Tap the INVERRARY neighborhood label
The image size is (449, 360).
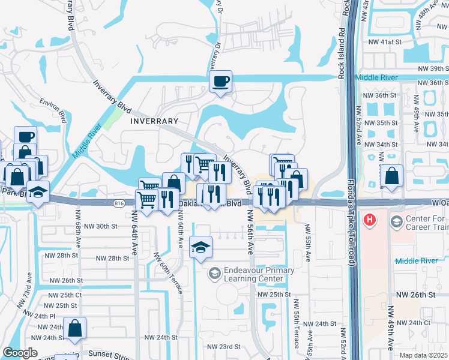[x=154, y=121]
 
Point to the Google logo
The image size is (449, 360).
[x=20, y=353]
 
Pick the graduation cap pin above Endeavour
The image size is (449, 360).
[x=200, y=247]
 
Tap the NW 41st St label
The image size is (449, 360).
[x=385, y=42]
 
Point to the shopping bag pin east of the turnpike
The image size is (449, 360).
[x=391, y=176]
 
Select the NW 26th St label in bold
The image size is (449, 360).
[x=415, y=295]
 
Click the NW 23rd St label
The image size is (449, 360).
[x=223, y=347]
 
